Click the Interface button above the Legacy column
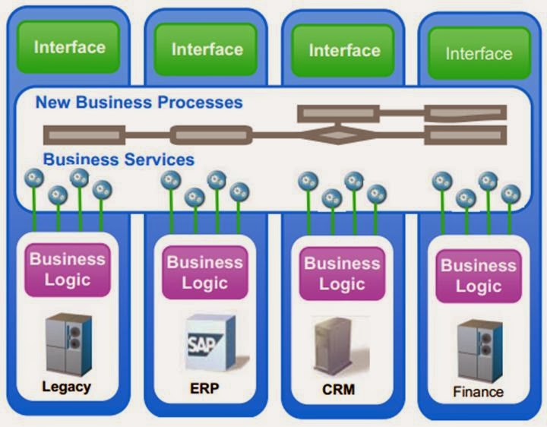coord(69,46)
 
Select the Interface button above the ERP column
coord(206,49)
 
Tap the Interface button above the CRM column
coord(344,50)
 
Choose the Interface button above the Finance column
coord(479,53)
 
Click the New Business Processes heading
coord(139,102)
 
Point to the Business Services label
coord(119,160)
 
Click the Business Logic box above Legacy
coord(68,269)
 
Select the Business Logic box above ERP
coord(204,272)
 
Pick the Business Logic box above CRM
coord(342,274)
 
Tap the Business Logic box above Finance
coord(479,275)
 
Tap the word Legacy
coord(66,387)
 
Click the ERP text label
coord(204,389)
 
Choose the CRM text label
coord(338,390)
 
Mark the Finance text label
coord(479,392)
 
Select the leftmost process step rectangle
coord(84,136)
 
